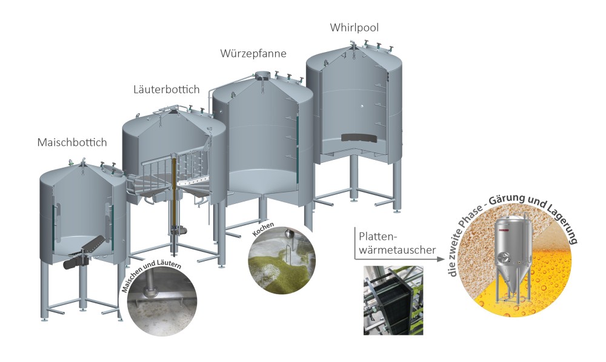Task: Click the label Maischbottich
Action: pos(72,143)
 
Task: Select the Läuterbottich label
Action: pos(166,90)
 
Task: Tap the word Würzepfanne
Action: pos(253,53)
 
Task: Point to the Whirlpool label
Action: pos(355,27)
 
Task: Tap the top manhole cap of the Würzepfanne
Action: pos(263,75)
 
